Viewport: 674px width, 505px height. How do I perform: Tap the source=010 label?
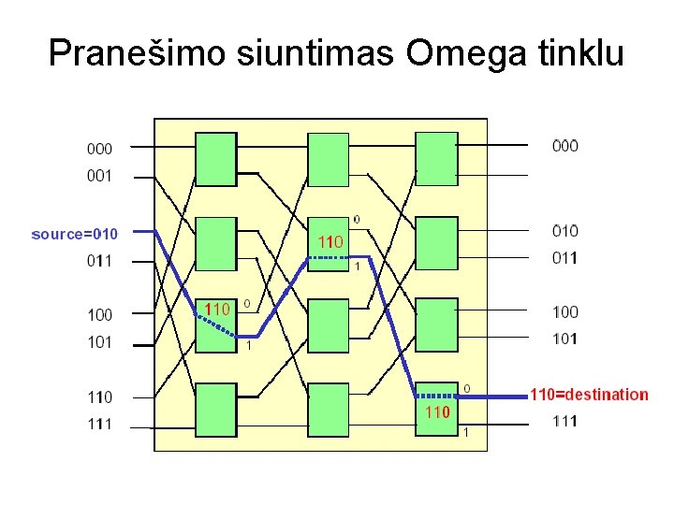(x=75, y=234)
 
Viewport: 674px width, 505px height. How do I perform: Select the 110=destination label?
(x=589, y=395)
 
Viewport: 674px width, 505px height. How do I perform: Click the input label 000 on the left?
(x=99, y=148)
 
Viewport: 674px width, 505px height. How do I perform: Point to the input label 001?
(x=99, y=175)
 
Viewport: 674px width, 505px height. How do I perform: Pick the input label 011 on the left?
(x=99, y=261)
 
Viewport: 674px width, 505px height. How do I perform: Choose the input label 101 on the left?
(x=99, y=342)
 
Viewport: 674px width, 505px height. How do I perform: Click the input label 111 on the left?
(x=99, y=425)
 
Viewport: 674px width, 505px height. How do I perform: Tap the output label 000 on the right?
(x=564, y=145)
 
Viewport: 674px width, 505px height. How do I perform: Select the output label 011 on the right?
(x=564, y=258)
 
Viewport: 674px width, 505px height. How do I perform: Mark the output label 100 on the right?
(x=564, y=311)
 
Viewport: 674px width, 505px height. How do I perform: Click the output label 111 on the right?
(x=564, y=421)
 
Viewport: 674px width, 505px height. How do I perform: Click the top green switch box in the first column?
(x=215, y=159)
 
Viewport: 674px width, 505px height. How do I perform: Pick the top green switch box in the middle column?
(x=329, y=159)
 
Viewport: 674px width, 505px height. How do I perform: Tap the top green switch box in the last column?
(x=436, y=159)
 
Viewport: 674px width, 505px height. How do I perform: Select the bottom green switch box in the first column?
(x=215, y=410)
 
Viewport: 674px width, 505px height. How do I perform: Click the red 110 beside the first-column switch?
(x=217, y=308)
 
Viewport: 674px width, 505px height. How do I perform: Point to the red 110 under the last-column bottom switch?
(x=438, y=411)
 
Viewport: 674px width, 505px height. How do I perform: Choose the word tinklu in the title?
(x=578, y=53)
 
